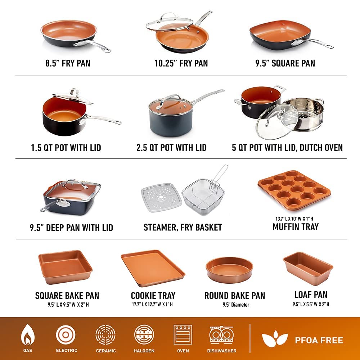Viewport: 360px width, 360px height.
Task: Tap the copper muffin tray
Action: (x=293, y=191)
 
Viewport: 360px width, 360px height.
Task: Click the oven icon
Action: (x=183, y=335)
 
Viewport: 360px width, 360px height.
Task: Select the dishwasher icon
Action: (x=221, y=335)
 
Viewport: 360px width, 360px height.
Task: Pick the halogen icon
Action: (x=144, y=335)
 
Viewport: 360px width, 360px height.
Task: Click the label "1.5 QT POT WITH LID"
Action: (x=66, y=148)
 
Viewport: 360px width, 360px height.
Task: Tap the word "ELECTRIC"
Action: (x=66, y=350)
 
